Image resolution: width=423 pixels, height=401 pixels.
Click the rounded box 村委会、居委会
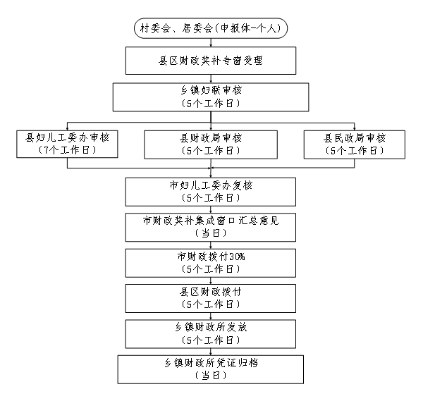pyautogui.click(x=211, y=28)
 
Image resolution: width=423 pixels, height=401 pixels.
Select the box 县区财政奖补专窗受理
pyautogui.click(x=211, y=61)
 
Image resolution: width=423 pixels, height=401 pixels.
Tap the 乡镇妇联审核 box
pyautogui.click(x=211, y=97)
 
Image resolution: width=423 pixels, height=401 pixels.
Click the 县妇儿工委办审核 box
pyautogui.click(x=67, y=144)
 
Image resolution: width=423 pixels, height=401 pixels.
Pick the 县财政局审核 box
pyautogui.click(x=211, y=144)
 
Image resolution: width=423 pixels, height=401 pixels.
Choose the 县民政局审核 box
pyautogui.click(x=355, y=144)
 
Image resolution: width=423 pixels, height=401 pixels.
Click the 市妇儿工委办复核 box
pyautogui.click(x=211, y=192)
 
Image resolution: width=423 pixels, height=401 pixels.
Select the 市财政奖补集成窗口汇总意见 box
pyautogui.click(x=211, y=228)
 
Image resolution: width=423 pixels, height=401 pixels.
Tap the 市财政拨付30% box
pyautogui.click(x=211, y=263)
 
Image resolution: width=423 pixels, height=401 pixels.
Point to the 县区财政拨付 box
pyautogui.click(x=211, y=298)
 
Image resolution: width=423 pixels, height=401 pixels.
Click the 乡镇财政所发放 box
pyautogui.click(x=211, y=334)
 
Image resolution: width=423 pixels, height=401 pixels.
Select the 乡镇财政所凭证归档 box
pyautogui.click(x=211, y=369)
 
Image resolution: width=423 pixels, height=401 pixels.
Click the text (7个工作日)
pyautogui.click(x=67, y=150)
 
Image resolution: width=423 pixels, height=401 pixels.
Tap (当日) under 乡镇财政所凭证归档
pyautogui.click(x=211, y=376)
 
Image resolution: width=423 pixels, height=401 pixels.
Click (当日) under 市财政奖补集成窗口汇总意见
pyautogui.click(x=211, y=233)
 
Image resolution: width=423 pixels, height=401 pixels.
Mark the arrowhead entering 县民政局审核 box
pyautogui.click(x=355, y=129)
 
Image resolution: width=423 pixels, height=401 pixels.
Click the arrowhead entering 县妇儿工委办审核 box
pyautogui.click(x=67, y=129)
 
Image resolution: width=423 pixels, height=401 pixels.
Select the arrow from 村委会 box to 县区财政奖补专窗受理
pyautogui.click(x=211, y=42)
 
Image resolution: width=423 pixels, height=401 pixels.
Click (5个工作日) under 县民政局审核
pyautogui.click(x=355, y=151)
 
